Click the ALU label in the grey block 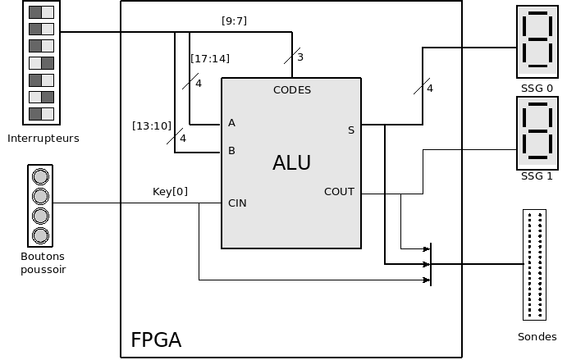tap(291, 163)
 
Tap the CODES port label tap(292, 90)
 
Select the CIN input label tap(237, 203)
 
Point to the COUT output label tap(339, 192)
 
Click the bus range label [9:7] tap(235, 20)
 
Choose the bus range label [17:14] tap(209, 59)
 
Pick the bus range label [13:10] tap(152, 125)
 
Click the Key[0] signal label tap(170, 192)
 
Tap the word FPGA tap(156, 339)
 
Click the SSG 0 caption tap(537, 88)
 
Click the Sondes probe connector tap(535, 264)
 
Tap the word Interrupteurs tap(43, 139)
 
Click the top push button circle tap(39, 176)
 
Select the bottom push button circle tap(39, 235)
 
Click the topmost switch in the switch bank tap(41, 12)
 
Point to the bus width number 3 tap(300, 57)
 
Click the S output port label tap(351, 130)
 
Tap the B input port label tap(231, 151)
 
